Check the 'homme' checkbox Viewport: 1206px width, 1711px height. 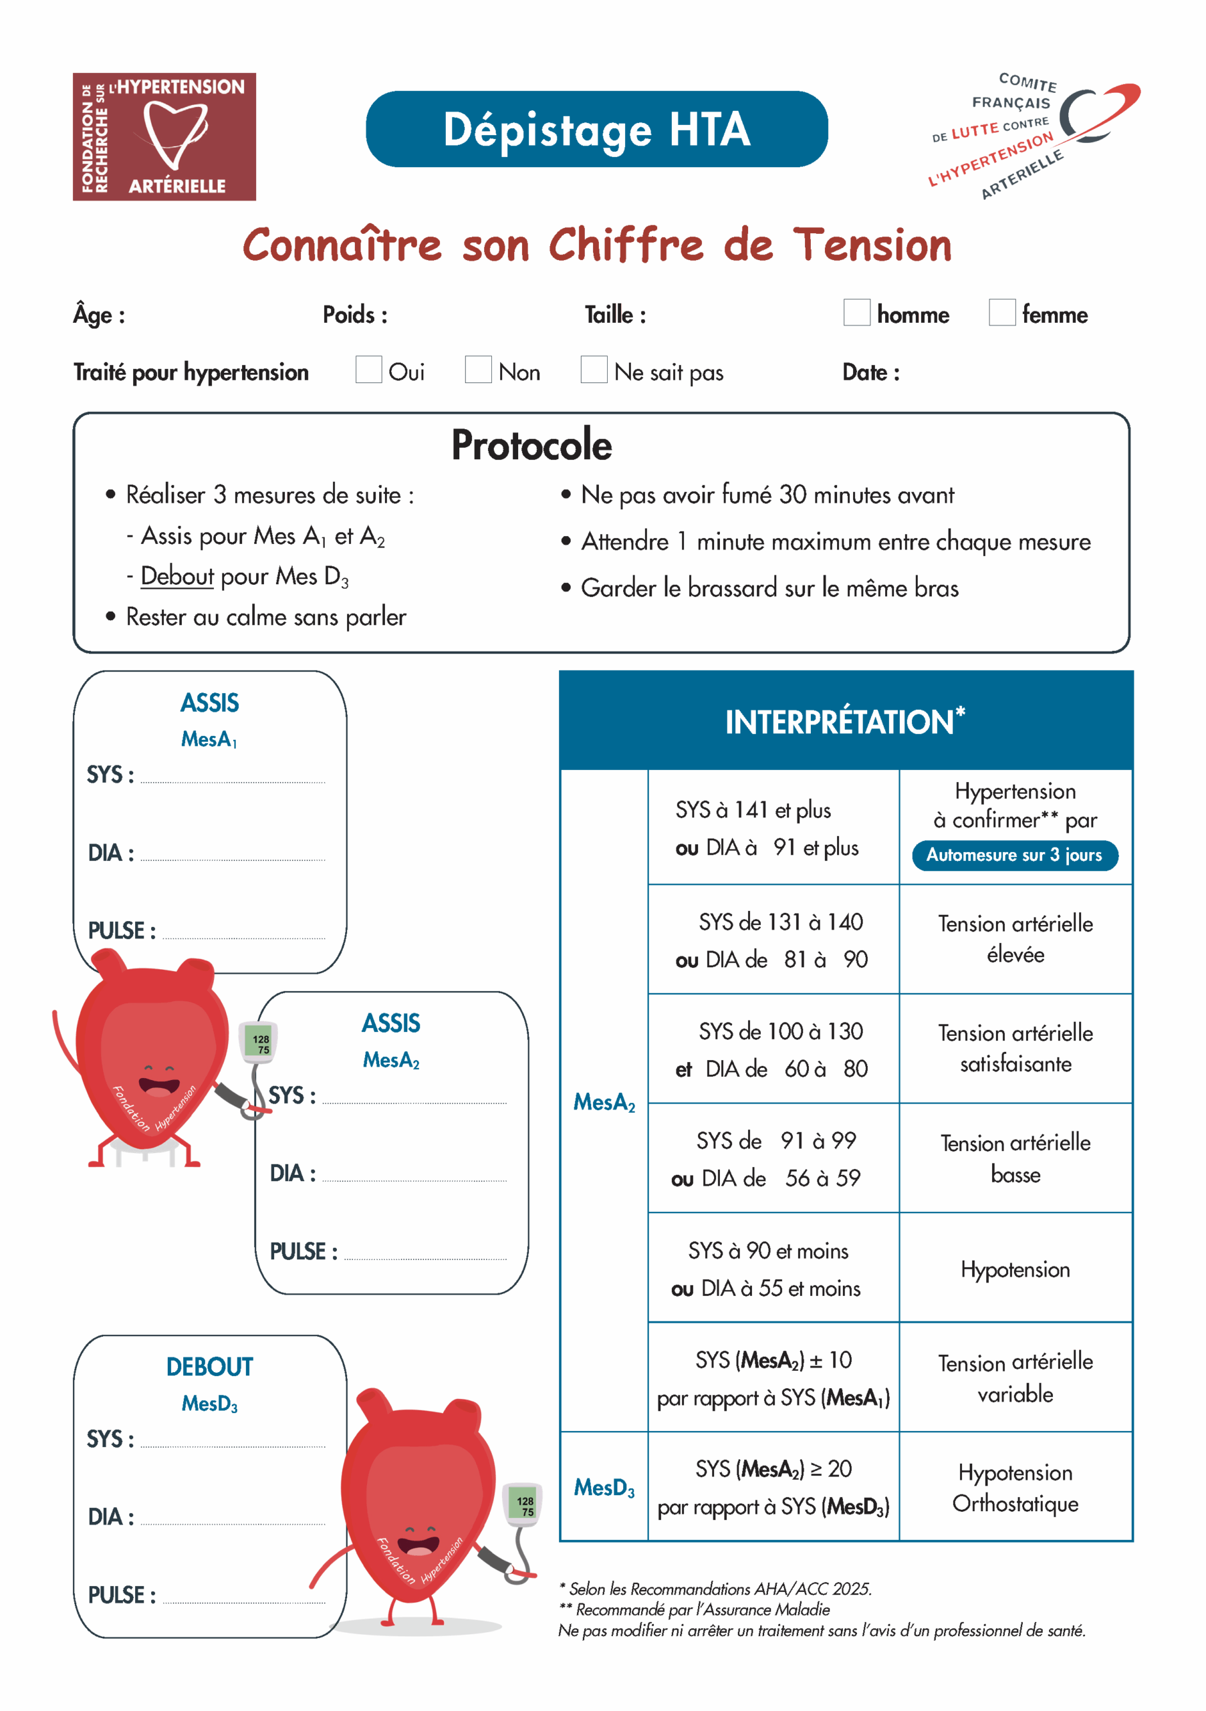tap(856, 312)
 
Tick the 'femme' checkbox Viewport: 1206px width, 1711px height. tap(1002, 312)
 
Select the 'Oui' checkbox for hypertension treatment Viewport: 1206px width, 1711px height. tap(368, 370)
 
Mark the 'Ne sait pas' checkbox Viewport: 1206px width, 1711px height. tap(594, 370)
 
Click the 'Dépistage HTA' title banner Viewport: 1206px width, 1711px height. tap(596, 129)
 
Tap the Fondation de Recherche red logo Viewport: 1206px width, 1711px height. tap(164, 136)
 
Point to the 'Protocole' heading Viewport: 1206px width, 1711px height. tap(531, 446)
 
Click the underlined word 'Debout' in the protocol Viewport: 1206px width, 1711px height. tap(177, 576)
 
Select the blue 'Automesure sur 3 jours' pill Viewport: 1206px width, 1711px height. tap(1014, 855)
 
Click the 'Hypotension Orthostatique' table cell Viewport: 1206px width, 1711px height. tap(1015, 1488)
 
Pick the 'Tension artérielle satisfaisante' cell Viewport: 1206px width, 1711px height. tap(1015, 1048)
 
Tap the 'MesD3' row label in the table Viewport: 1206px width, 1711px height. tap(604, 1488)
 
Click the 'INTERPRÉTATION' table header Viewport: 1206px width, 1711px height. tap(845, 721)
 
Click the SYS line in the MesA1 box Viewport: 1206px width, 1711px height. tap(233, 777)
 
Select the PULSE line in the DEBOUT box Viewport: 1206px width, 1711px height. tap(244, 1596)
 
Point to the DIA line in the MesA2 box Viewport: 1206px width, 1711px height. tap(414, 1175)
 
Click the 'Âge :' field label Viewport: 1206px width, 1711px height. tap(99, 315)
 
